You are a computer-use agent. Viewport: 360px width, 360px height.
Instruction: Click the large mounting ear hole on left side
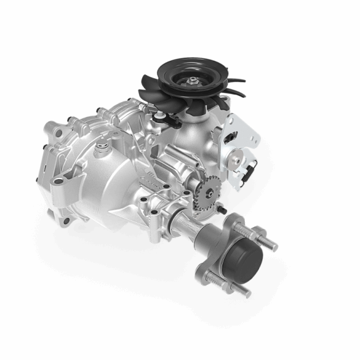pyautogui.click(x=58, y=182)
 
